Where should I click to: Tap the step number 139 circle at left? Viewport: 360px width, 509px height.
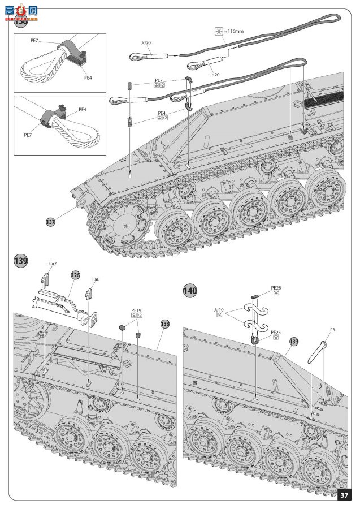point(20,261)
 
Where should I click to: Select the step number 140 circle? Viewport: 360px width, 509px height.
point(190,291)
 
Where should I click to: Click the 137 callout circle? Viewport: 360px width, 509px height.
point(50,222)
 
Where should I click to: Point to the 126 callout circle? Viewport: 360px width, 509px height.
point(75,275)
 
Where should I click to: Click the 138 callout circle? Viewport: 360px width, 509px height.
point(164,323)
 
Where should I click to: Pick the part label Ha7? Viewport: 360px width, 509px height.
point(53,264)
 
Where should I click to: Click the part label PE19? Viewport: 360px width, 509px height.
point(136,310)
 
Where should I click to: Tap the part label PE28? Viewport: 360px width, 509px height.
point(276,287)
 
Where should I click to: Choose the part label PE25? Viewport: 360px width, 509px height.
point(276,332)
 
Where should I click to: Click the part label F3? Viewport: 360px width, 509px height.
point(332,329)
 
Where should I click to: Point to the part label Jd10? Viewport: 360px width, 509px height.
point(219,309)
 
